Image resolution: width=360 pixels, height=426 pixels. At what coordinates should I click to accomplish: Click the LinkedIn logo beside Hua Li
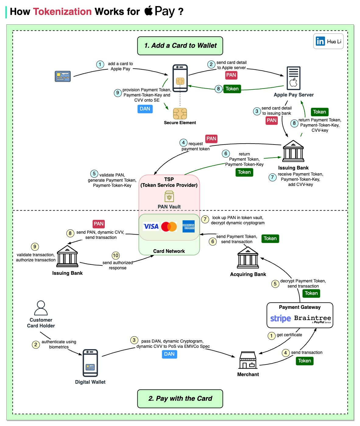(x=320, y=41)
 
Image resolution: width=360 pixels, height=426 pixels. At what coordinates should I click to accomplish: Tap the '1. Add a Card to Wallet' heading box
(x=180, y=46)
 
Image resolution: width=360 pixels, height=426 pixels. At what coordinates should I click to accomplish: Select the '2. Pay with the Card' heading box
(x=180, y=399)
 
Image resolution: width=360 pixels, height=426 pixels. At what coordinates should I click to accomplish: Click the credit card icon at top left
(x=63, y=76)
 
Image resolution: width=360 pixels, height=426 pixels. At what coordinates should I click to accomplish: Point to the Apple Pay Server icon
(x=293, y=78)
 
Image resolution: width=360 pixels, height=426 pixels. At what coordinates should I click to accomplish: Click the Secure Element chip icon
(x=180, y=114)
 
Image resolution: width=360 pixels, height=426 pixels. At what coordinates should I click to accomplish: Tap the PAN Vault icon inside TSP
(x=169, y=197)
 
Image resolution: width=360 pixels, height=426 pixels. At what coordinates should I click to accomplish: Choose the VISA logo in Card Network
(x=151, y=226)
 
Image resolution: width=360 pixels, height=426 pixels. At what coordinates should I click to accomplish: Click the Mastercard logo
(x=169, y=226)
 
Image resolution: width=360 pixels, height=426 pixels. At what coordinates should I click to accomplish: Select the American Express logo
(x=189, y=226)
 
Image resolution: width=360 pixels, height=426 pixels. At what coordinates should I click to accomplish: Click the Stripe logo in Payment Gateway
(x=281, y=318)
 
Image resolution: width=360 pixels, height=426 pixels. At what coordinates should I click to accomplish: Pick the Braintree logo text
(x=312, y=318)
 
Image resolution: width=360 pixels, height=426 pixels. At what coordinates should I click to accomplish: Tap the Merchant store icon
(x=248, y=360)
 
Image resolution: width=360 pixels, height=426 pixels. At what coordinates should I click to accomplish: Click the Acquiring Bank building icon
(x=248, y=257)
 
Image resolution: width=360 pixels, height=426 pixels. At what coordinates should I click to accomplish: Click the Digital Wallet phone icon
(x=90, y=363)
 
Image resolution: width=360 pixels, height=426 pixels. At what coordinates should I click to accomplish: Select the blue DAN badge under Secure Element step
(x=145, y=109)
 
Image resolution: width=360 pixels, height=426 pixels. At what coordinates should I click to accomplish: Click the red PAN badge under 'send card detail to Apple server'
(x=231, y=75)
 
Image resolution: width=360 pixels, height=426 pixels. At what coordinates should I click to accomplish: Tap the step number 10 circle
(x=116, y=256)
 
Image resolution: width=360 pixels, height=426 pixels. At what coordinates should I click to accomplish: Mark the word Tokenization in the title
(x=62, y=12)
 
